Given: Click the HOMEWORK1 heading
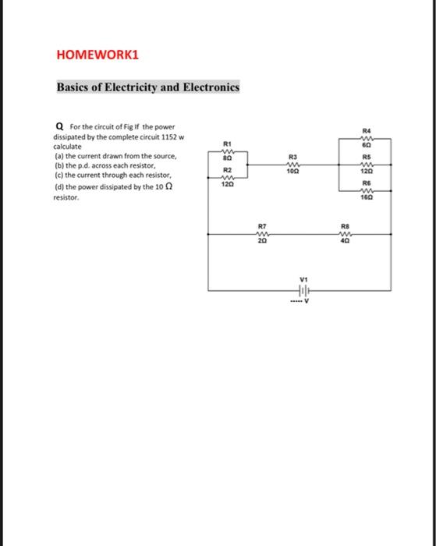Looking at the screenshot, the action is (97, 56).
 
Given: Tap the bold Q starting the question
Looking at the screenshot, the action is (60, 128).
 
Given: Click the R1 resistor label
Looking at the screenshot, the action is (227, 144).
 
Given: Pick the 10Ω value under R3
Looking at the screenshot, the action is (293, 171).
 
